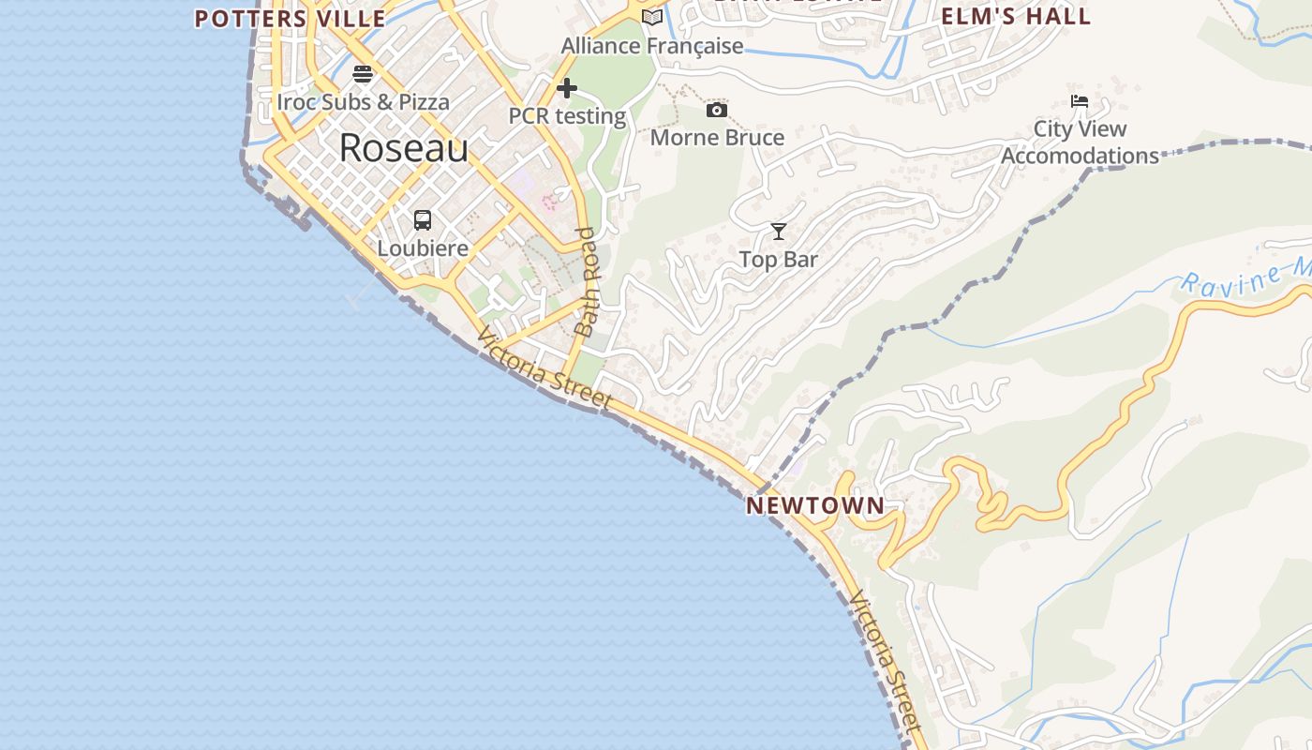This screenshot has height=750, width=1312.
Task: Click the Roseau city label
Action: (x=403, y=148)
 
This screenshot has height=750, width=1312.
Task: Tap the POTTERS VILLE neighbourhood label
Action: (x=290, y=19)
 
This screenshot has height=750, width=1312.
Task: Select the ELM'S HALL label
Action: (x=1016, y=16)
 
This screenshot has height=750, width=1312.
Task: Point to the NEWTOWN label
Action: (x=815, y=505)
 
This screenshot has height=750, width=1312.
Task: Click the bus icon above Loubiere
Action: (x=423, y=220)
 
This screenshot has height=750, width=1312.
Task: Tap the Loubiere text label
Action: (x=423, y=248)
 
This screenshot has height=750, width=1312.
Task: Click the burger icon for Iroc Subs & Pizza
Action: (x=363, y=74)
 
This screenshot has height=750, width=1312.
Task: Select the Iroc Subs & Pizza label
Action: (x=363, y=101)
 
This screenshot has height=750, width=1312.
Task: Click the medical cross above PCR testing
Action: (x=567, y=88)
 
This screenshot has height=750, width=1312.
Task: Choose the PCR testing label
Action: (x=567, y=116)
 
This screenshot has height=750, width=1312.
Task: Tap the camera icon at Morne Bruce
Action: (x=717, y=111)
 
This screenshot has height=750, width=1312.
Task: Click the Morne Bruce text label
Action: (x=717, y=138)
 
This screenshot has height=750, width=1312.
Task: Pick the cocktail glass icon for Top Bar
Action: (x=779, y=232)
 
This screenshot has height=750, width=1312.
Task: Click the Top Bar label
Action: (x=779, y=260)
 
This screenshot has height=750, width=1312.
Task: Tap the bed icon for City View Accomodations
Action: (x=1080, y=101)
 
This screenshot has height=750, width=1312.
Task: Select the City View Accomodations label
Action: (x=1080, y=142)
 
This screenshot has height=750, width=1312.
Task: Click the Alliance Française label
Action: (x=652, y=45)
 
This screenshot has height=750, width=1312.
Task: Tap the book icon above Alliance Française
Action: (x=652, y=17)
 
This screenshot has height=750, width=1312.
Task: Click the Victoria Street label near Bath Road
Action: (x=544, y=367)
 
